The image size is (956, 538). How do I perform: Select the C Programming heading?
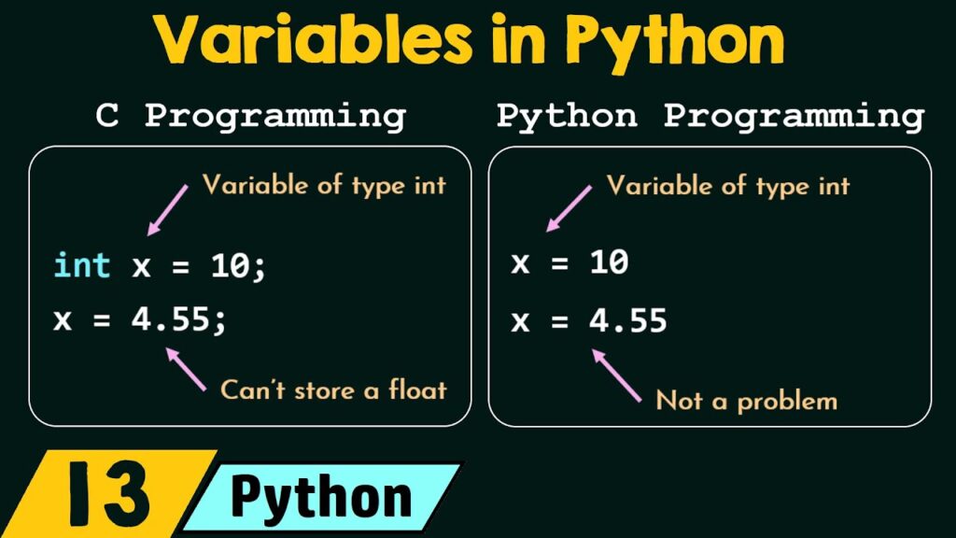(251, 117)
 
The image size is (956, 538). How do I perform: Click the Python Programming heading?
(710, 117)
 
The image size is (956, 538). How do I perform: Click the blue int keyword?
(82, 265)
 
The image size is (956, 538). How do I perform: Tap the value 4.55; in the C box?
(176, 319)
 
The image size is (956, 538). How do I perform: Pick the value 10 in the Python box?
(609, 263)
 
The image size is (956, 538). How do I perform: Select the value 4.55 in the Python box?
(627, 321)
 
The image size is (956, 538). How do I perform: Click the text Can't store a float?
(333, 389)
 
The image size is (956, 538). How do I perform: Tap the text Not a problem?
(746, 401)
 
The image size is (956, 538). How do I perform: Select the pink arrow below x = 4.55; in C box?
(185, 368)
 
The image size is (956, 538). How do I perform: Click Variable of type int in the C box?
(324, 185)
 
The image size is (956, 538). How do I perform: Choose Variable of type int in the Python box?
(728, 185)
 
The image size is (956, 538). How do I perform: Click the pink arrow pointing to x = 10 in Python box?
(569, 208)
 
